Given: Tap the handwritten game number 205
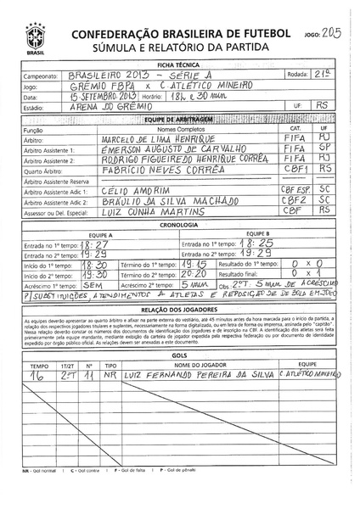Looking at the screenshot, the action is (335, 30).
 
